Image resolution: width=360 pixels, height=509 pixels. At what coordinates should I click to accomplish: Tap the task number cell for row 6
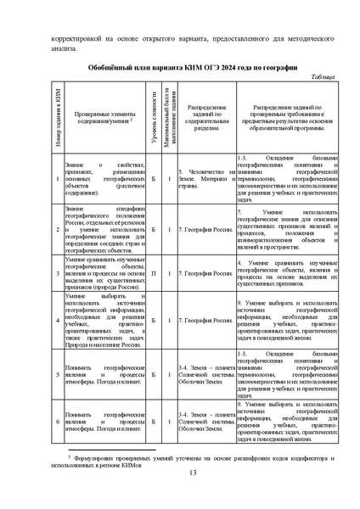click(x=57, y=421)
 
